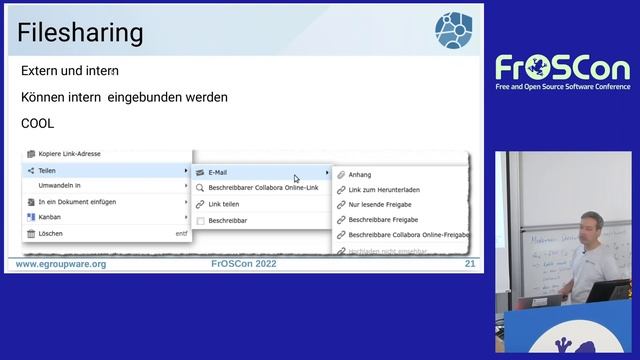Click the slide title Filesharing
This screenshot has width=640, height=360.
click(x=81, y=33)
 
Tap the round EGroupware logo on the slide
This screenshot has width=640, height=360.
click(x=454, y=30)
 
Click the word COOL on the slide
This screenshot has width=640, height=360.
click(x=37, y=123)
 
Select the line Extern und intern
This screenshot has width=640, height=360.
click(x=70, y=71)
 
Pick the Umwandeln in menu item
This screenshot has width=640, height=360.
click(x=59, y=186)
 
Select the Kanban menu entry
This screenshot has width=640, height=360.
click(x=49, y=217)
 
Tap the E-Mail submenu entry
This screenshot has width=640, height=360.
click(x=217, y=172)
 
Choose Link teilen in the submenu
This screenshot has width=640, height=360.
click(x=224, y=203)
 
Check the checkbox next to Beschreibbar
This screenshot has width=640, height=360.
click(x=200, y=220)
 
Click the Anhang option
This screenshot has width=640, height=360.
click(x=359, y=174)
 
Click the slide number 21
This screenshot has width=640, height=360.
click(x=470, y=264)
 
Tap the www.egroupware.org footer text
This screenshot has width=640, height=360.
click(x=61, y=264)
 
